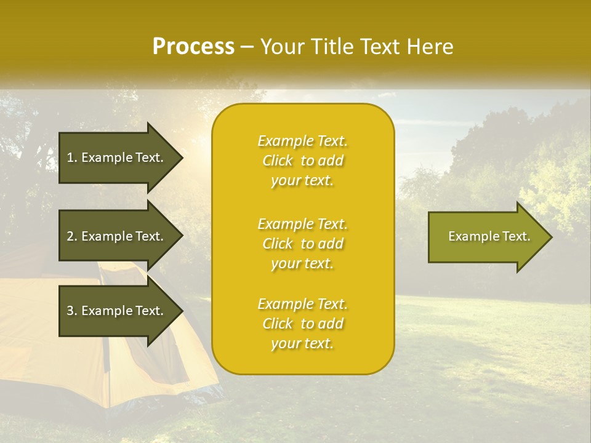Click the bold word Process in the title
click(193, 47)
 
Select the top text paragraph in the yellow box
click(302, 161)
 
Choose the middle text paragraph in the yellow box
click(302, 244)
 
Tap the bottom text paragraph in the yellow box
click(302, 324)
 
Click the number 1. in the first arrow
click(72, 158)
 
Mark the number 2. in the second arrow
click(72, 236)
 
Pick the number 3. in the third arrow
click(72, 311)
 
